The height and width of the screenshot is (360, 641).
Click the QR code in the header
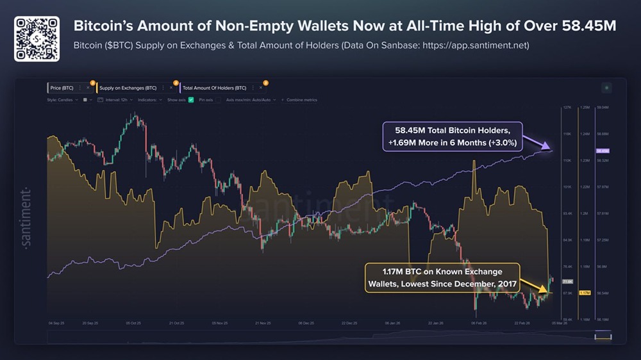coord(37,39)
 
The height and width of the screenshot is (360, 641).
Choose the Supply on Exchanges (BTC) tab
coord(128,88)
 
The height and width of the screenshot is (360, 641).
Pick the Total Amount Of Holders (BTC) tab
coord(214,88)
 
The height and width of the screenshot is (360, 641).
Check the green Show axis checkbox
coord(191,100)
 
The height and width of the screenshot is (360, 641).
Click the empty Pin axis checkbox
coord(219,100)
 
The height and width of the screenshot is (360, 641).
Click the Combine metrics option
coord(301,100)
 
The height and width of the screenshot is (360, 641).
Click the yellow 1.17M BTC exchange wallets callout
coord(442,277)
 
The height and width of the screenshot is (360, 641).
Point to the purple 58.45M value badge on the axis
coord(603,151)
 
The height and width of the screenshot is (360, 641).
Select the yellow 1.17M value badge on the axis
coord(584,293)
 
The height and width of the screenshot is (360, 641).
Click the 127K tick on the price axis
coord(567,108)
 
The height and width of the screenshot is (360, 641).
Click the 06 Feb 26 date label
coord(478,323)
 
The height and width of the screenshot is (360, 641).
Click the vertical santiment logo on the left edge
coord(26,217)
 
